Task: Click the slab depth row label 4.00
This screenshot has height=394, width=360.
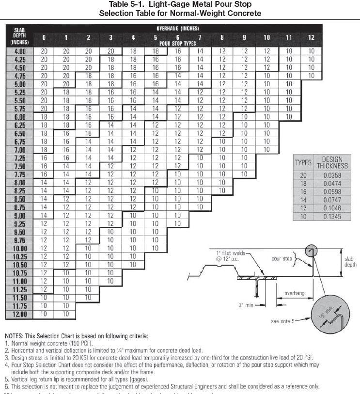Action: point(19,51)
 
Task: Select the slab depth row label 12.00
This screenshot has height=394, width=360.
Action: point(19,315)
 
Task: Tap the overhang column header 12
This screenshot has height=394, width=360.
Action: point(311,37)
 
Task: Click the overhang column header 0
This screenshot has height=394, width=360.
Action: point(44,37)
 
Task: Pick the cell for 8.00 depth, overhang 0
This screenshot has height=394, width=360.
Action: point(44,183)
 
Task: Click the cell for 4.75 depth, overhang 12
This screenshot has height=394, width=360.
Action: point(311,76)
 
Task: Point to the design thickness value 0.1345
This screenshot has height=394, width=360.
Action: point(332,216)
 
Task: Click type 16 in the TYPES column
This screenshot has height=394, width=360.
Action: point(303,191)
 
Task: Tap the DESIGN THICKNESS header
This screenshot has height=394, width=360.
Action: point(332,162)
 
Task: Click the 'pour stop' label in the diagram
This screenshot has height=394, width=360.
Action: point(282,259)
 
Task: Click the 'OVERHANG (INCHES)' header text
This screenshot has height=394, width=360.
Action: point(177,29)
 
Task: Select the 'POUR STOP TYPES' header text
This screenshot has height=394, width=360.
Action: point(177,43)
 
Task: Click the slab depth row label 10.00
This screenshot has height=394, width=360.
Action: point(19,249)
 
